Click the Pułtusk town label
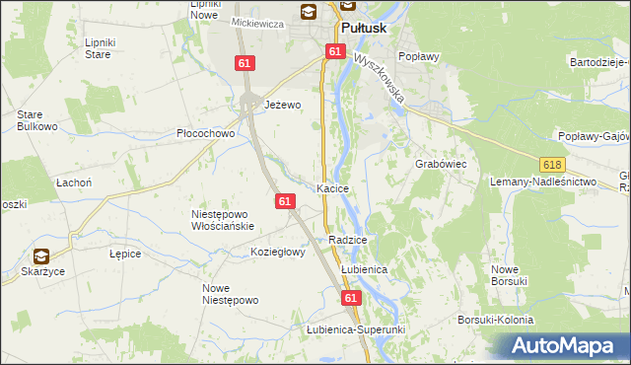367,30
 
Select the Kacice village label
334,187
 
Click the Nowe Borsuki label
511,275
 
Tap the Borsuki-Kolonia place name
495,321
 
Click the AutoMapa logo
566,346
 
